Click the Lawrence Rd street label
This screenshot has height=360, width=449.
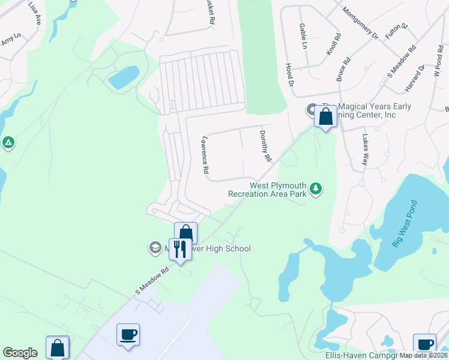coord(205,154)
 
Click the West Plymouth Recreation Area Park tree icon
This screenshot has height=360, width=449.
coord(316,190)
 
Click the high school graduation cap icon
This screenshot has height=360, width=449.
coord(154,247)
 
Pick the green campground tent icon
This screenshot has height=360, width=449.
coord(8,143)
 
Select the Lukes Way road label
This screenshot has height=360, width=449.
coord(365,149)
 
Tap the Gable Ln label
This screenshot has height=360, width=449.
coord(303,37)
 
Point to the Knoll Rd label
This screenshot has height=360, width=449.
coord(334,44)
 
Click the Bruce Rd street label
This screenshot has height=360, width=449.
coord(344,69)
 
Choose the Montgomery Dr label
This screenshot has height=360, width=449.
coord(360,23)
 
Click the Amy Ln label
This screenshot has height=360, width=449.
coord(11,39)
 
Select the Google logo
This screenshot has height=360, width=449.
coord(20,353)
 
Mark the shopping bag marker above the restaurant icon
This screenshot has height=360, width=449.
coord(186,233)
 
